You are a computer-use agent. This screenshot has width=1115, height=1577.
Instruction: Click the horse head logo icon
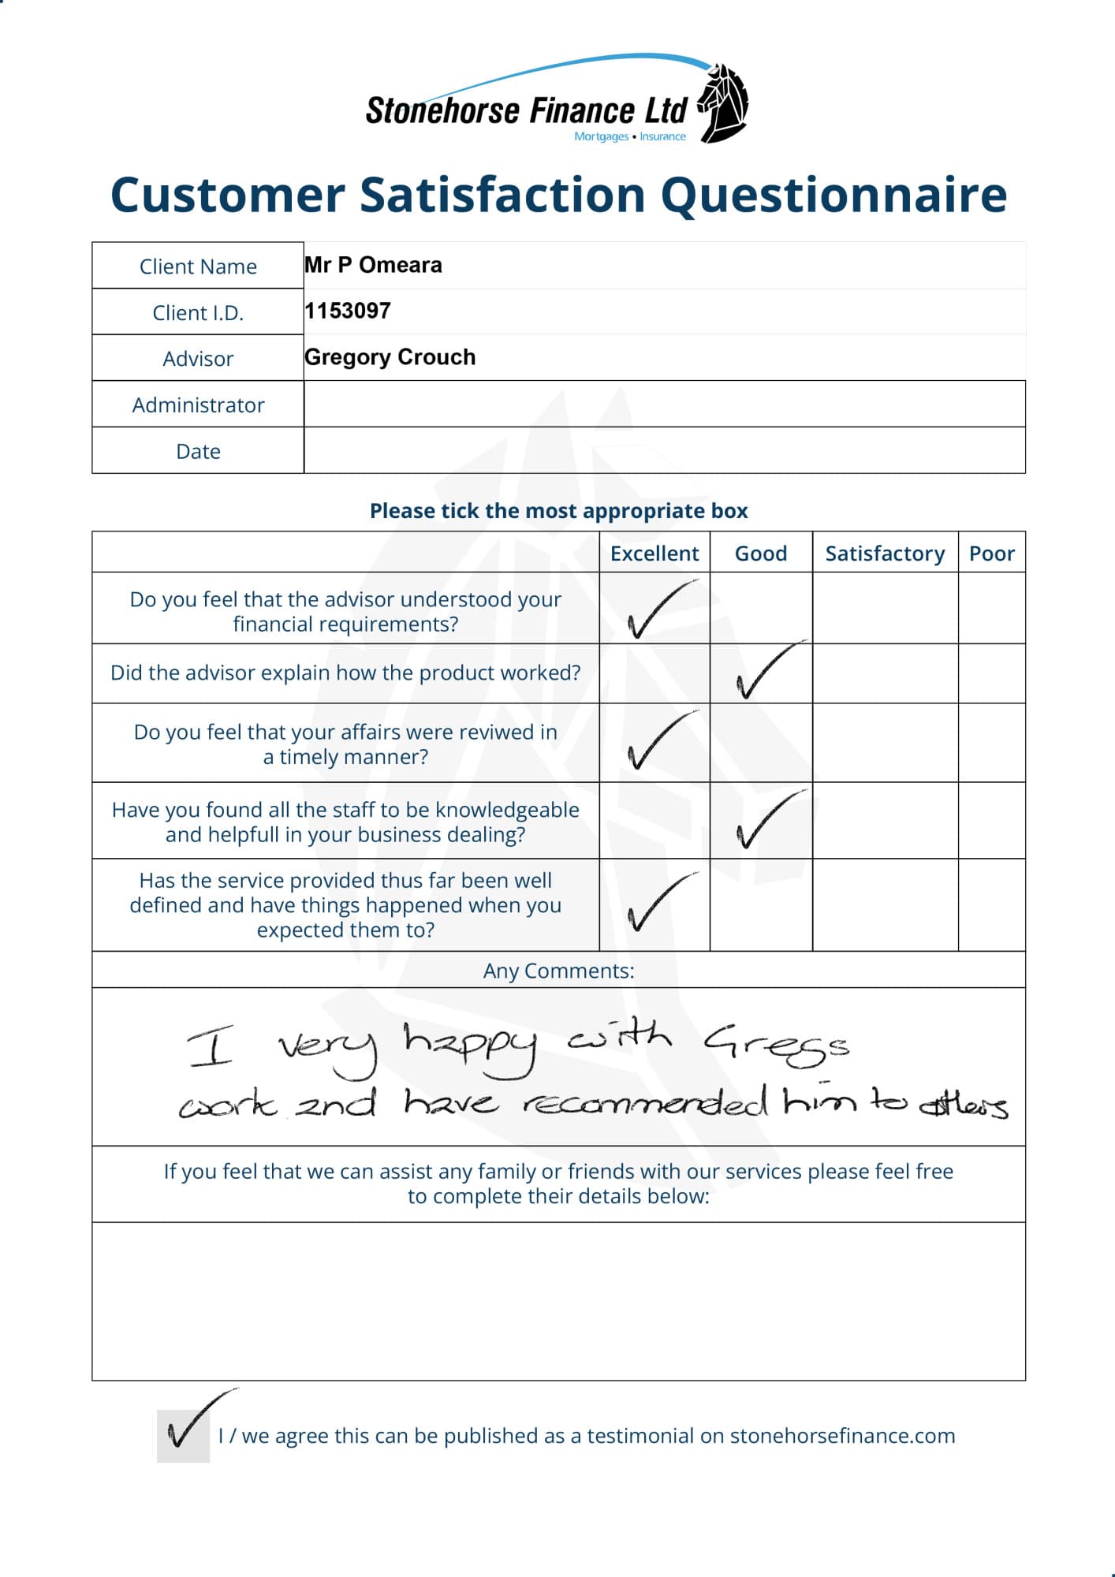pos(724,103)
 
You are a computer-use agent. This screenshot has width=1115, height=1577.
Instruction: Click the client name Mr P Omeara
pos(373,265)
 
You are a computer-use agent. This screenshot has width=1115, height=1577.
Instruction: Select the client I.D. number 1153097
pos(348,311)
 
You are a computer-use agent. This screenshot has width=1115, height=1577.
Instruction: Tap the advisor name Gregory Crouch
pos(390,357)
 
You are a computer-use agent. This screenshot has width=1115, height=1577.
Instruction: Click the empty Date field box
pos(664,451)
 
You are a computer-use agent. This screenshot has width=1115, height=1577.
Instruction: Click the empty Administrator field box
pos(664,405)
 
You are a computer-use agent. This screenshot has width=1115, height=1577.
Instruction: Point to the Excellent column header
pos(654,554)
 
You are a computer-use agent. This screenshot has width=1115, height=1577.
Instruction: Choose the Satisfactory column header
pos(885,554)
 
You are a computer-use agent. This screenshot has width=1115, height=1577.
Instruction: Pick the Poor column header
pos(991,554)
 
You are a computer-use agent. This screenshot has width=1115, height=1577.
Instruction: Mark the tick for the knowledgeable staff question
pos(765,821)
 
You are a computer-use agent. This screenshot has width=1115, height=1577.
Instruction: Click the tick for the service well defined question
pos(656,904)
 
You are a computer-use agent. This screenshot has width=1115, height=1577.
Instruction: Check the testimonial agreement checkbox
pos(184,1435)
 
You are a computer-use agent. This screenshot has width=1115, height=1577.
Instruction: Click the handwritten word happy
pos(470,1046)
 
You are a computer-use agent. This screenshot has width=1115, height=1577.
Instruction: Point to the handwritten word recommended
pos(645,1102)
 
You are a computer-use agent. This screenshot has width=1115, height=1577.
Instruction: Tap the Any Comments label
pos(558,971)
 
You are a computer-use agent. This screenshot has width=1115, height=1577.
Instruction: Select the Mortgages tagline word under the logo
pos(601,136)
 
